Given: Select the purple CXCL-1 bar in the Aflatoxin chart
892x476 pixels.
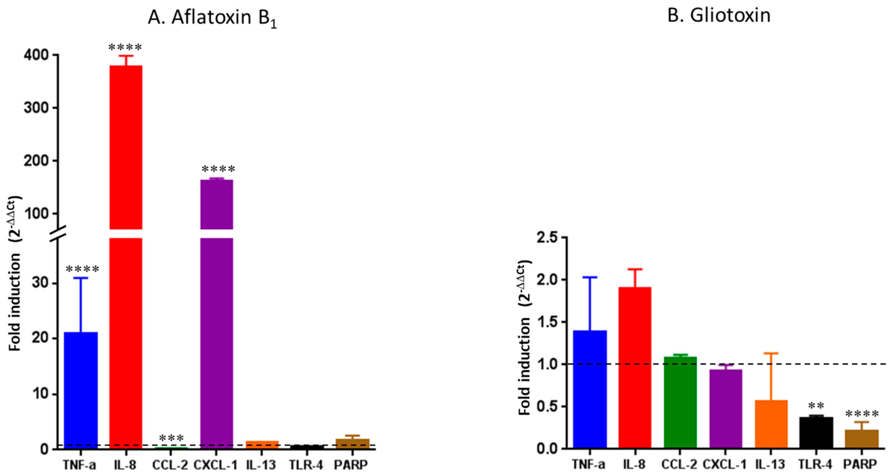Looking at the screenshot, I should pyautogui.click(x=217, y=312).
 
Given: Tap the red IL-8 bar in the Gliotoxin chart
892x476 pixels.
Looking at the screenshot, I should pyautogui.click(x=635, y=367).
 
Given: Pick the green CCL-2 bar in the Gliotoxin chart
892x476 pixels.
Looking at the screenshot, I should pyautogui.click(x=680, y=402).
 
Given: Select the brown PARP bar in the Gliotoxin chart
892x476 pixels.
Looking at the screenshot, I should pyautogui.click(x=861, y=439).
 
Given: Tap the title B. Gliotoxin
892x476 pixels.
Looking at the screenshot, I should pyautogui.click(x=719, y=16).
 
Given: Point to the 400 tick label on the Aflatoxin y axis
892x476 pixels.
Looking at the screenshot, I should pyautogui.click(x=36, y=55).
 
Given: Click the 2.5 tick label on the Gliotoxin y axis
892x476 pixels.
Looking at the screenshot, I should pyautogui.click(x=546, y=238).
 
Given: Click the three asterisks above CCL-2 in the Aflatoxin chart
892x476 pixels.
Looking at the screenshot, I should pyautogui.click(x=171, y=438).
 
